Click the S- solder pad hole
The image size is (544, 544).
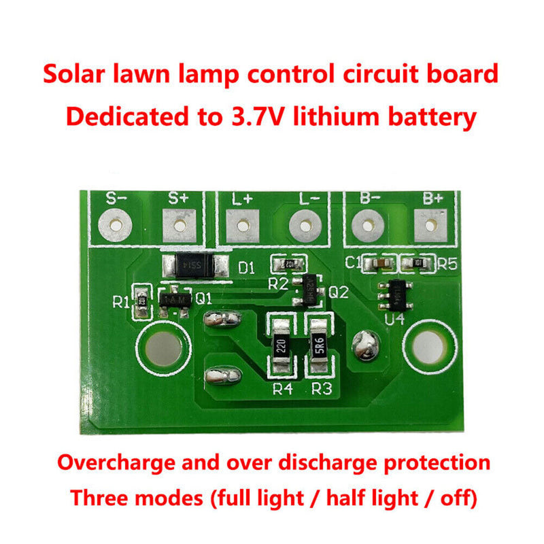point(117,224)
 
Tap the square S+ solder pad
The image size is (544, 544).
point(180,224)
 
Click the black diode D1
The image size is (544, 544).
point(194,265)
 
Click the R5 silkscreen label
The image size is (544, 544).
point(447,265)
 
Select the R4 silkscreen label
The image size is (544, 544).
point(282,390)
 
